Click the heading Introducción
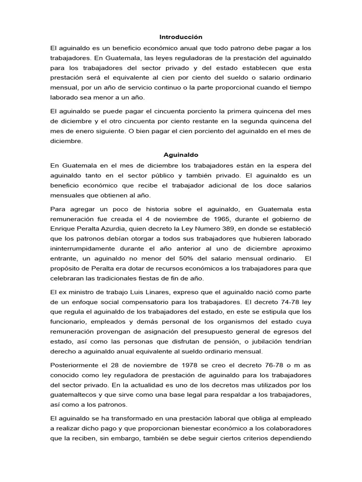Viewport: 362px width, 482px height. pos(181,37)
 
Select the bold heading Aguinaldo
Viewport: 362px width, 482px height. pos(181,154)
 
